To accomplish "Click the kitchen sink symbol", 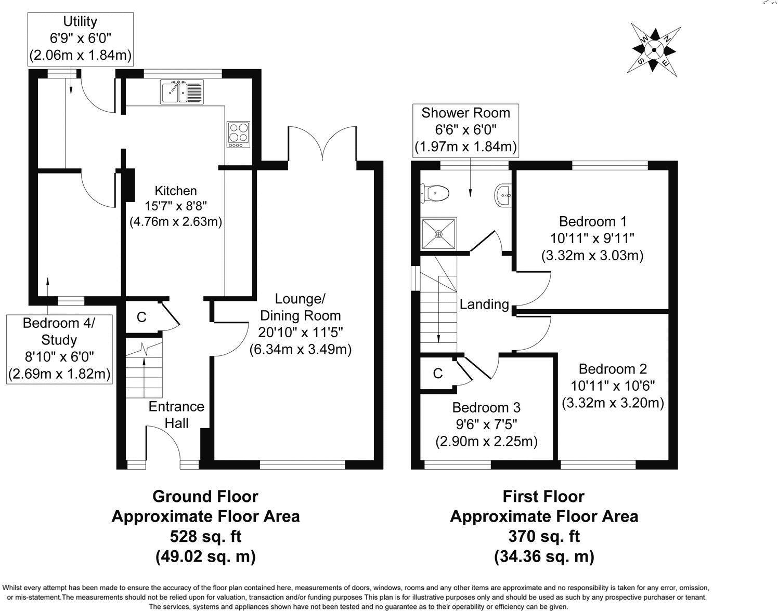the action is [182, 92].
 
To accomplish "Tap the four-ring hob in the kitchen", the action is [238, 135].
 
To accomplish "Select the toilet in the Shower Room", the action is [435, 193].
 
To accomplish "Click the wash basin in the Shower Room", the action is [503, 196].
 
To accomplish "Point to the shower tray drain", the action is [438, 234].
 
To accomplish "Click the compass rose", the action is [654, 50].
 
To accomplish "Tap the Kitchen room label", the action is [176, 191].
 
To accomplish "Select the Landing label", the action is [484, 304].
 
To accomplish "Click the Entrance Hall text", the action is [176, 415].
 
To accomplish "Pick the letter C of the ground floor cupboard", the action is [141, 317].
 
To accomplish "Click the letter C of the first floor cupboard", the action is [438, 373].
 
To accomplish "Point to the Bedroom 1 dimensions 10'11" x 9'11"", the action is [592, 238].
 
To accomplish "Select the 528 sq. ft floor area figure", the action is [206, 536].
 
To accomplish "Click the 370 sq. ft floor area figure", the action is [544, 536].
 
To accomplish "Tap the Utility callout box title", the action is [80, 22].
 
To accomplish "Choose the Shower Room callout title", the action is [465, 113].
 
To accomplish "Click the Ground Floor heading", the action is [205, 497].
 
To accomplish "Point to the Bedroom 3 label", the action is [486, 407].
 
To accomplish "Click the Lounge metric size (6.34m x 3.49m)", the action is [301, 349].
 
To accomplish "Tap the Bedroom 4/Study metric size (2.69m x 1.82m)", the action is [59, 374].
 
